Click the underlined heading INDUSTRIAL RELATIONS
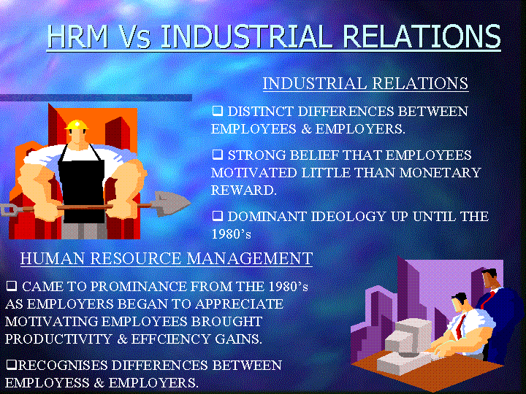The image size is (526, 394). click(365, 83)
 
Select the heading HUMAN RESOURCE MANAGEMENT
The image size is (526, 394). click(167, 258)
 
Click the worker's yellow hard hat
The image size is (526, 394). click(77, 125)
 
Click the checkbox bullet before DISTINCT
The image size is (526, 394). click(218, 111)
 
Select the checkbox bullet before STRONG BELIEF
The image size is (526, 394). click(218, 155)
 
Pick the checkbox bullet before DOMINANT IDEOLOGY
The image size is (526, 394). click(218, 216)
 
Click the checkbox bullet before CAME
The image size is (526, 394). click(12, 286)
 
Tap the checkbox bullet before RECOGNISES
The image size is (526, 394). click(12, 364)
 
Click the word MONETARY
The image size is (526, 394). click(440, 172)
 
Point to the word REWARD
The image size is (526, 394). click(244, 190)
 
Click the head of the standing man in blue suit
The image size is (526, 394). click(490, 278)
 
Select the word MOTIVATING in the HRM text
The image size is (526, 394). click(51, 321)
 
